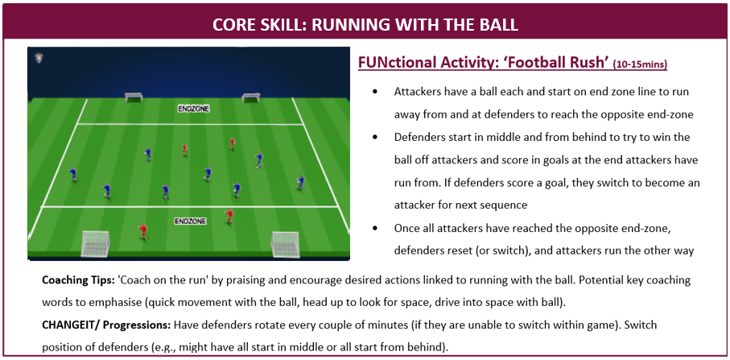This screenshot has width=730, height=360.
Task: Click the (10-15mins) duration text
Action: [x=640, y=64]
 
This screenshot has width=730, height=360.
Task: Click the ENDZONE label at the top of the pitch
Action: [x=194, y=109]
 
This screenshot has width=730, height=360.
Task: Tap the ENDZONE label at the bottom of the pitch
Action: [x=191, y=221]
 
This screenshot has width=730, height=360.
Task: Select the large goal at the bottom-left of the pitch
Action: [x=95, y=243]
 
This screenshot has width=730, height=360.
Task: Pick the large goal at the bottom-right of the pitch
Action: [x=286, y=245]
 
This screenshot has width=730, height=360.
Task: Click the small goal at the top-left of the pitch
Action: [x=134, y=97]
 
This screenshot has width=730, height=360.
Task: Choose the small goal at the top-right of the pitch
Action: [x=250, y=97]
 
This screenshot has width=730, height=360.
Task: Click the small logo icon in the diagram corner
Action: [x=39, y=58]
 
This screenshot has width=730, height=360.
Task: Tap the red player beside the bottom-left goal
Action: [x=143, y=231]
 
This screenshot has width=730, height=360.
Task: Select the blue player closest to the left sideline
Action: [x=73, y=175]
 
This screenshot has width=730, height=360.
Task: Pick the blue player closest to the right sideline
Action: [x=301, y=183]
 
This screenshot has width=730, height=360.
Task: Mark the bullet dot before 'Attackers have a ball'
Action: [x=375, y=92]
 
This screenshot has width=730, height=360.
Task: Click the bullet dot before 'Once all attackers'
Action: [x=375, y=228]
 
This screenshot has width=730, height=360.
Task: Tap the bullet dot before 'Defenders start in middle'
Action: [x=375, y=138]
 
